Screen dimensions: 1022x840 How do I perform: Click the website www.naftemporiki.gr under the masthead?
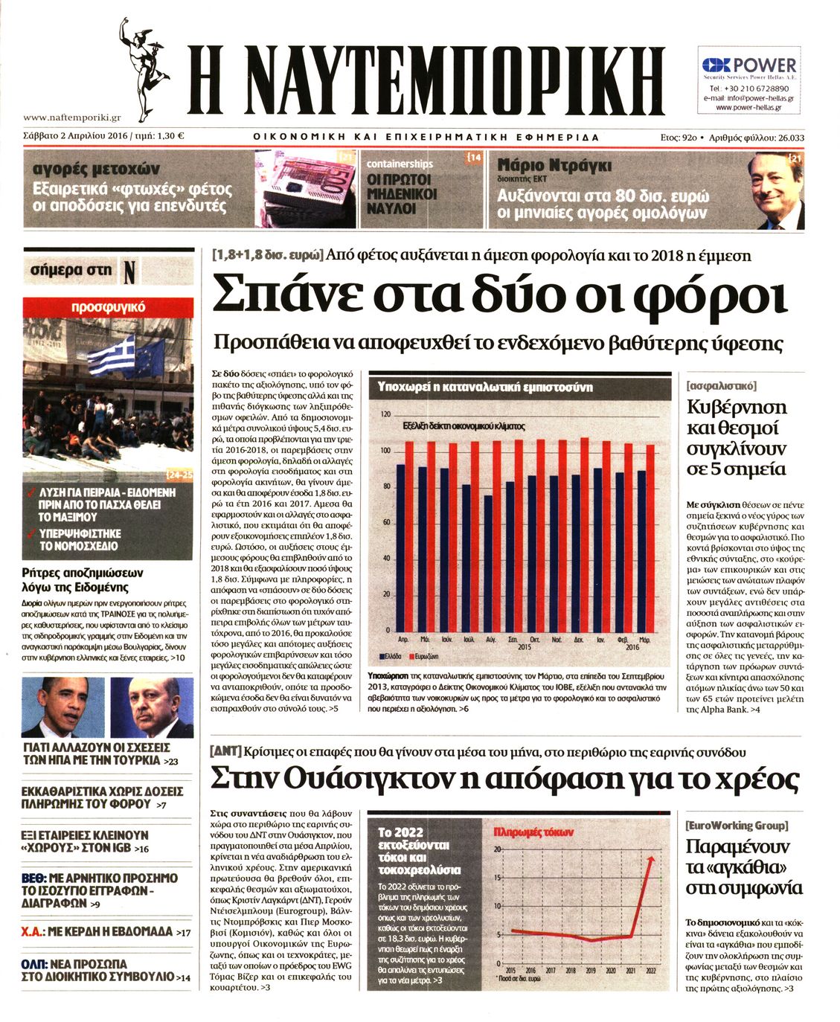(x=72, y=117)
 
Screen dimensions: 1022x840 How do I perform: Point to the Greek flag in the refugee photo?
(x=112, y=356)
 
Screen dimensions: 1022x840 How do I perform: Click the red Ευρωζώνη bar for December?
(x=585, y=535)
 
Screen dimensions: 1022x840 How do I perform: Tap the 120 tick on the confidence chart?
(x=385, y=414)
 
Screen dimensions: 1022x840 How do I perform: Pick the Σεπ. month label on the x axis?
(x=513, y=639)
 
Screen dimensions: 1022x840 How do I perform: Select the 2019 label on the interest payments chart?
(x=591, y=971)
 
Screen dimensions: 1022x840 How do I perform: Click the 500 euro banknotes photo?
(x=305, y=190)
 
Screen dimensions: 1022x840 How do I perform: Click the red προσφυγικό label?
(x=108, y=307)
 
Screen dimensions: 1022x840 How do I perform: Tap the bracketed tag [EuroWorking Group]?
(x=737, y=825)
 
